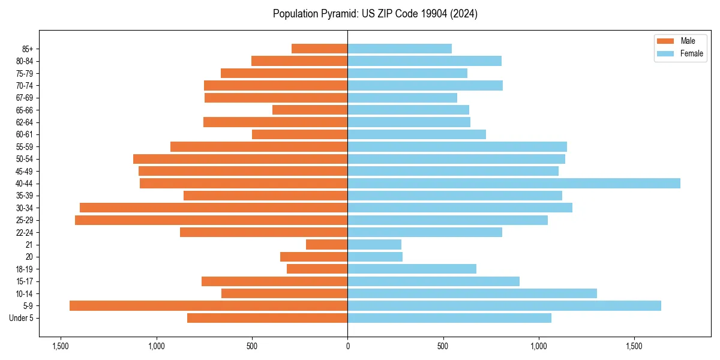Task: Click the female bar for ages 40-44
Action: coord(514,183)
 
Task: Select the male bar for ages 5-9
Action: coord(208,305)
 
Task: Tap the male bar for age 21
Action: coord(326,244)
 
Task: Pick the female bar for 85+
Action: coord(400,49)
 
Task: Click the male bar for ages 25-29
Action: coord(211,220)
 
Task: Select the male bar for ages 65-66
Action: coord(310,110)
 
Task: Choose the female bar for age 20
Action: coord(375,257)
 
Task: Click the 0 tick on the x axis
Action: coord(347,346)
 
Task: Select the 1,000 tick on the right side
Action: coord(539,346)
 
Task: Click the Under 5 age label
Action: coord(22,318)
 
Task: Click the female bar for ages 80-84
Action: coord(424,61)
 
